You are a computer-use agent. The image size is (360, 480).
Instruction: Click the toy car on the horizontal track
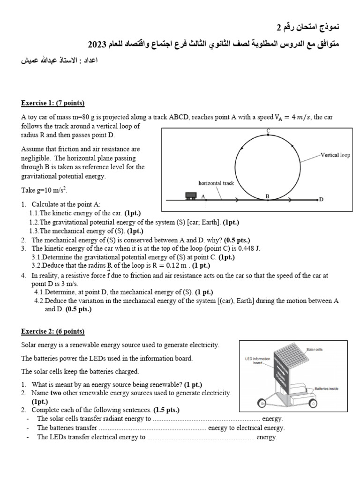coord(190,195)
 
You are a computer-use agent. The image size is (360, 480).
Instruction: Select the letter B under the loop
coord(268,196)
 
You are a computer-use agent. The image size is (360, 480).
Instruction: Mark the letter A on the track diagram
coord(203,196)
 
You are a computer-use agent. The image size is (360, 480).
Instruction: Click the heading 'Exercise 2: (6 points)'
coord(52,331)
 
